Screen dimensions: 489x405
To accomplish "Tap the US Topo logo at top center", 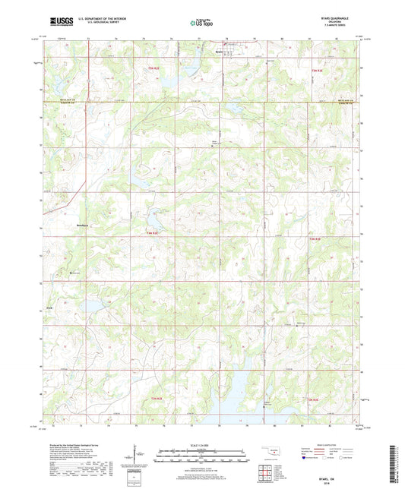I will (201, 24).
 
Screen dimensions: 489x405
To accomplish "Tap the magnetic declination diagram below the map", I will (134, 454).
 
